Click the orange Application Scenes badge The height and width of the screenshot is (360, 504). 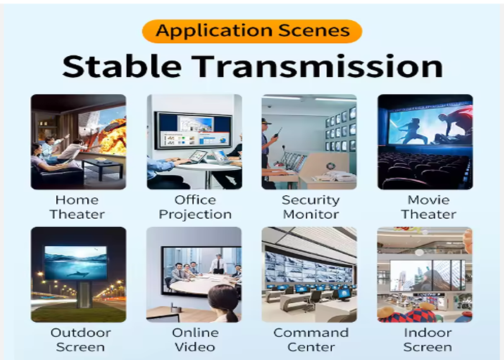tap(252, 31)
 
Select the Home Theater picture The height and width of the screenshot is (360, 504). tap(78, 142)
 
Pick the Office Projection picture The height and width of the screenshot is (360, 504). tap(194, 142)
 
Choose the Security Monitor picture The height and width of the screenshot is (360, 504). tap(310, 142)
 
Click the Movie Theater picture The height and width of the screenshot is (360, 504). tap(425, 142)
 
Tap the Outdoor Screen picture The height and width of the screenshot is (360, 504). tap(78, 274)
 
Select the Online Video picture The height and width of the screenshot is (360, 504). tap(194, 274)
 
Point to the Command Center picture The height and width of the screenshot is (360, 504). tap(310, 274)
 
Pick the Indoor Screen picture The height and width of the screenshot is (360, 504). tap(425, 274)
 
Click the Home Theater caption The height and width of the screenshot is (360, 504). tap(78, 207)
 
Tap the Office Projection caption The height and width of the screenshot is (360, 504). tap(195, 207)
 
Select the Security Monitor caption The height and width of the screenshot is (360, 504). tap(310, 207)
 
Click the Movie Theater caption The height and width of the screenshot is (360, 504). tap(428, 207)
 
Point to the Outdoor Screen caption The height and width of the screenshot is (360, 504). tap(80, 340)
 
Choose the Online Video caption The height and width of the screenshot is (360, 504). tap(195, 340)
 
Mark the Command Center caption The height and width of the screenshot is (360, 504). tap(310, 340)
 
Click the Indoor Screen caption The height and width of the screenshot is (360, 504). tap(428, 340)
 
